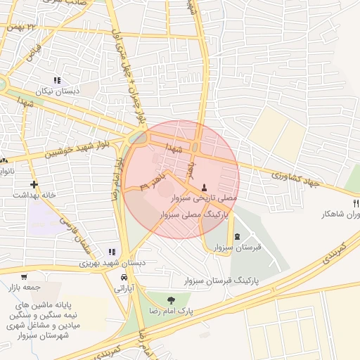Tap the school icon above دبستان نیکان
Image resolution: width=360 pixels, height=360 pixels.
pyautogui.click(x=57, y=81)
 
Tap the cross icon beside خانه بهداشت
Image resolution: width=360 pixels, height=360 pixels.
pyautogui.click(x=34, y=184)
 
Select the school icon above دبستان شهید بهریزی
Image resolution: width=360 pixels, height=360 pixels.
pyautogui.click(x=112, y=252)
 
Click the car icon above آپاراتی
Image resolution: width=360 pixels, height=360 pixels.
pyautogui.click(x=124, y=277)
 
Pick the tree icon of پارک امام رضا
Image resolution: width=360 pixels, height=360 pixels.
pyautogui.click(x=172, y=300)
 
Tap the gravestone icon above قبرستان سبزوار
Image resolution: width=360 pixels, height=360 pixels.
pyautogui.click(x=236, y=236)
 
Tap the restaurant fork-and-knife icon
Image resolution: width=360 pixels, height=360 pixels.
pyautogui.click(x=356, y=203)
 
